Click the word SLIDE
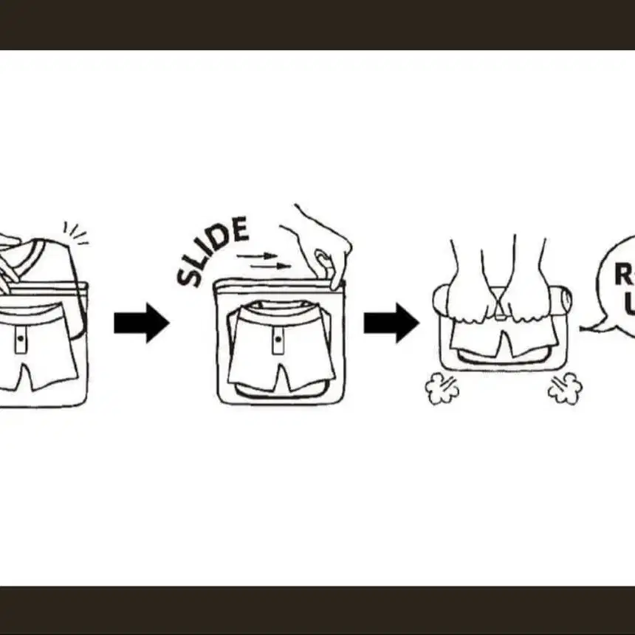pos(213,251)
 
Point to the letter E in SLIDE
pos(238,230)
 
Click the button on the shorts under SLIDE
pos(278,339)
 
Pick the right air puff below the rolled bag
pos(564,388)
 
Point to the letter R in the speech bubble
pos(622,275)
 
